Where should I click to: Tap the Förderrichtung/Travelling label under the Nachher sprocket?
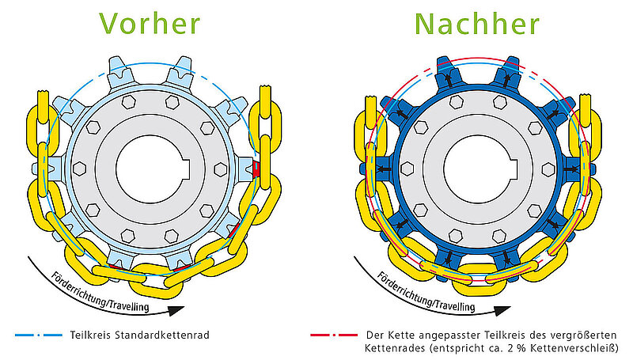427,292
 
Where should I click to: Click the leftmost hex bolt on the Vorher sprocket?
78,168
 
